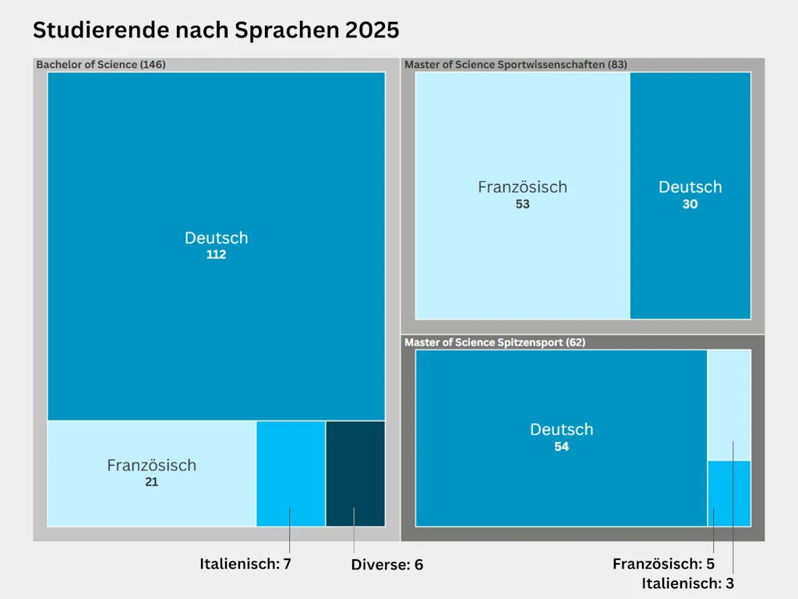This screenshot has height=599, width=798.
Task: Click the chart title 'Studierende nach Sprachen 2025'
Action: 215,30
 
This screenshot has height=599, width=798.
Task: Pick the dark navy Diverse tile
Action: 355,473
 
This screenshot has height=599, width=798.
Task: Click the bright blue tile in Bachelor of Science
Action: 291,473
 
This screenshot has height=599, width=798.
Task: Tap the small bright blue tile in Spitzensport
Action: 729,494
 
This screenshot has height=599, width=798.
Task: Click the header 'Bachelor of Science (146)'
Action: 101,65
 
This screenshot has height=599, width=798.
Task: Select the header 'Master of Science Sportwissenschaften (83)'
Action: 515,65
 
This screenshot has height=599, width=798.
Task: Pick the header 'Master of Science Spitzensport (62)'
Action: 495,342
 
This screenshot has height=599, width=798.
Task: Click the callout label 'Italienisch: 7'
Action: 245,563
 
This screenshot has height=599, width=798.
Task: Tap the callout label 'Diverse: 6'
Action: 387,565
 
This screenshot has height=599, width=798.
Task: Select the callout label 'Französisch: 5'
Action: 663,564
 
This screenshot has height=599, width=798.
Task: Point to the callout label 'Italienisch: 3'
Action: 687,583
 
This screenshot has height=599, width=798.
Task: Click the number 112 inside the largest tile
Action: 216,255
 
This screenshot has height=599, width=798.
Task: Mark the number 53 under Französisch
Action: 522,204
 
